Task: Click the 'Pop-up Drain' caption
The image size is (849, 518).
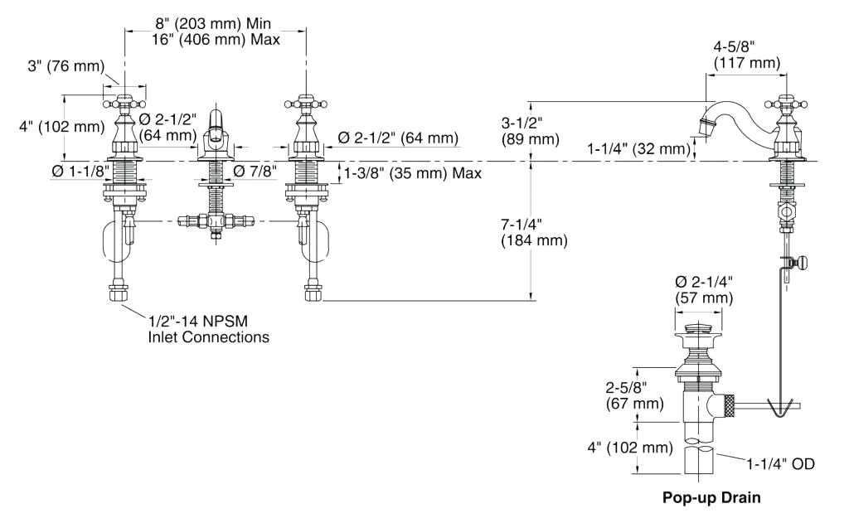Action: (x=711, y=499)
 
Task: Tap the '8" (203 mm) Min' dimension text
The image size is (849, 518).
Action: (x=216, y=23)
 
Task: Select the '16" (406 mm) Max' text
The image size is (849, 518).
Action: (x=216, y=39)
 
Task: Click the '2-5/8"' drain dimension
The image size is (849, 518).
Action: (x=627, y=388)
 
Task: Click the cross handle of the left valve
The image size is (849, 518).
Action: (x=125, y=104)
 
